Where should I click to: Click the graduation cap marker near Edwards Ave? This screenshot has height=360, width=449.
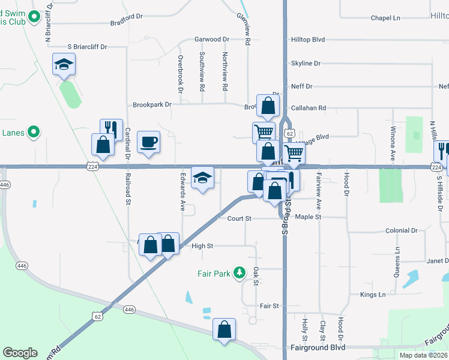point(202,178)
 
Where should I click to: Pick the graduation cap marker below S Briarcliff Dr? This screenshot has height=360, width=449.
point(64,64)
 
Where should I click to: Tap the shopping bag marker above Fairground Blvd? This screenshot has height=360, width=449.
point(224,329)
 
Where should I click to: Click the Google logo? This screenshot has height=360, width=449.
point(20,353)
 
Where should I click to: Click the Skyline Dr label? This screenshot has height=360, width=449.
point(306,63)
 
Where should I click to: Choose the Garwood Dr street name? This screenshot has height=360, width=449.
point(211,40)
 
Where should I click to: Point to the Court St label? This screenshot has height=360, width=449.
point(239,218)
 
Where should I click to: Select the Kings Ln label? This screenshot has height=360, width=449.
point(373,295)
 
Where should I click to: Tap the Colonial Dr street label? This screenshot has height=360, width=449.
point(401,230)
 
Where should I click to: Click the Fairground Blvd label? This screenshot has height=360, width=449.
point(318,347)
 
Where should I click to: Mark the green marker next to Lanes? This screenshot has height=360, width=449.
point(34,131)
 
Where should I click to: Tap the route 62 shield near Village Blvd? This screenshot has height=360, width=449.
point(289,133)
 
